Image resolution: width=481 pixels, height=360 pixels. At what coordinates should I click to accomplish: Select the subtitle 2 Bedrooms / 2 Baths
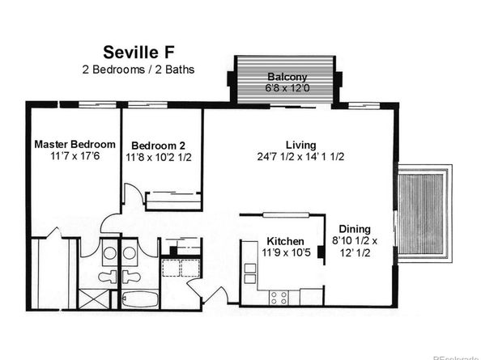pyautogui.click(x=138, y=70)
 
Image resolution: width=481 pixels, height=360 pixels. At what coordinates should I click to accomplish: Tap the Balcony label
pyautogui.click(x=284, y=77)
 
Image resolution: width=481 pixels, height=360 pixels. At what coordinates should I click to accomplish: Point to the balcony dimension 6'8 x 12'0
pyautogui.click(x=284, y=88)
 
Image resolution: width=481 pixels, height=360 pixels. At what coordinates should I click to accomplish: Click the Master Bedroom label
pyautogui.click(x=72, y=144)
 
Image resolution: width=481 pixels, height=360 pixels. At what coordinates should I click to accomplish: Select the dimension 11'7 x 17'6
pyautogui.click(x=72, y=157)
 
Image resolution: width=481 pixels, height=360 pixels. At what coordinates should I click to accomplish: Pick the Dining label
pyautogui.click(x=354, y=229)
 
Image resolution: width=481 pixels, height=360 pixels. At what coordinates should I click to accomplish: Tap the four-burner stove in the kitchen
pyautogui.click(x=279, y=296)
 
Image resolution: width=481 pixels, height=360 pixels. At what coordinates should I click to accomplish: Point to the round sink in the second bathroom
pyautogui.click(x=130, y=253)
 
